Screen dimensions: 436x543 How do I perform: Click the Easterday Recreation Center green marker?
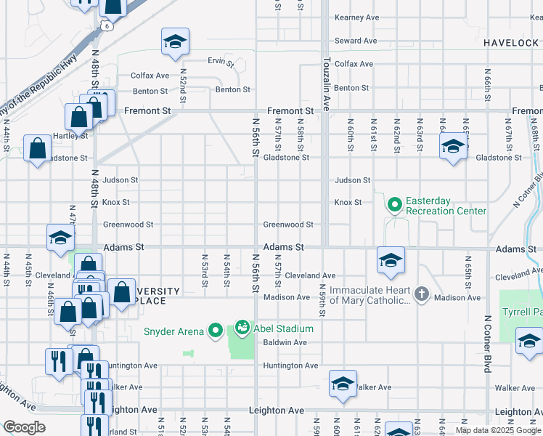point(395,205)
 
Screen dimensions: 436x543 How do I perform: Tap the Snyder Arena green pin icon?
point(215,331)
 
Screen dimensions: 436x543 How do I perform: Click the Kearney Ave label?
point(356,17)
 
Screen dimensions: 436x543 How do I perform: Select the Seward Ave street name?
point(356,41)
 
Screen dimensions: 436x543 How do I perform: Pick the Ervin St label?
point(221,62)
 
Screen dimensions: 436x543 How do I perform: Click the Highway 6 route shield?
point(106,26)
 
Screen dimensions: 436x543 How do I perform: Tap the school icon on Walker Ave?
point(342,384)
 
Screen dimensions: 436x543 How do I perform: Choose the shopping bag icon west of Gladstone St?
point(37,148)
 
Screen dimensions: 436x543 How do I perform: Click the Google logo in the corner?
point(24,427)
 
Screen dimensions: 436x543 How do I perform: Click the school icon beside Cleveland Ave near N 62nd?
point(391,260)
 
